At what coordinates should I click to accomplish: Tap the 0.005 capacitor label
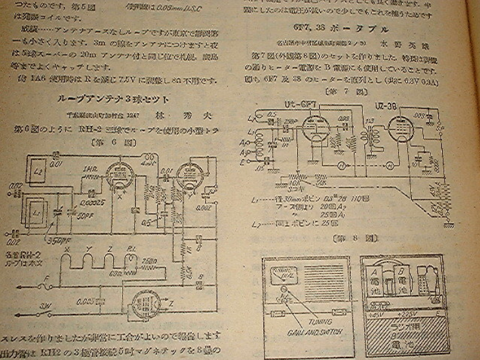85,301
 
